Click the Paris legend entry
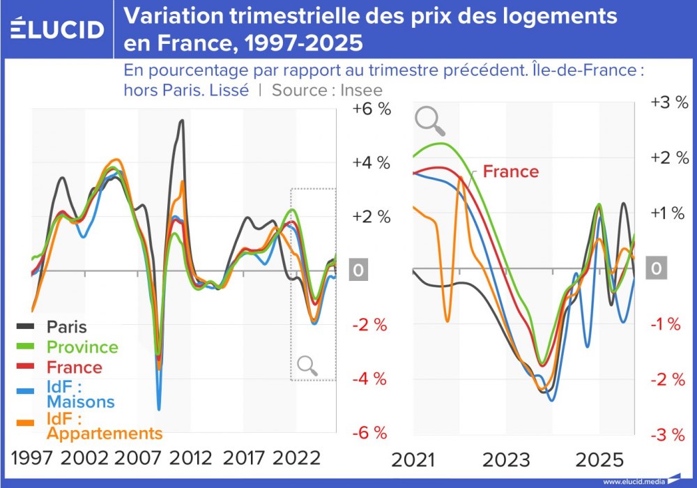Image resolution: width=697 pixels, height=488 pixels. pos(67,326)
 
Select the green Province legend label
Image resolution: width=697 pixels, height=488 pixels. pos(82,346)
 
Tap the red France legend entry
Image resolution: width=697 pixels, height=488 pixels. pos(74,367)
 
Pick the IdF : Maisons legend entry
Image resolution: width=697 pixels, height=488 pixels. pos(80,394)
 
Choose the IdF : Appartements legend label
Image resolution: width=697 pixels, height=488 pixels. pos(104,426)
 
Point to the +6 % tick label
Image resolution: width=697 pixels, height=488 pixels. pos(372,109)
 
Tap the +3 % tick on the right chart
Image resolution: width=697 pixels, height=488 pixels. pos(669,102)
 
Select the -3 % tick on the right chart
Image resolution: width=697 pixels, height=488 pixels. pos(669,435)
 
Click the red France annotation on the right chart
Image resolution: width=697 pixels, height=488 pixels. pos(511,171)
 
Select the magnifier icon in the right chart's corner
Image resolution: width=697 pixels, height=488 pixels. pos(429,120)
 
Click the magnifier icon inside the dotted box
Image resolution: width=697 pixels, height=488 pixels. pos(307,365)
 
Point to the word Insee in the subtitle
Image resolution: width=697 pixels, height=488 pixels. pos(362,90)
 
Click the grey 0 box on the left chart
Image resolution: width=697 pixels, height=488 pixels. pos(358,270)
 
